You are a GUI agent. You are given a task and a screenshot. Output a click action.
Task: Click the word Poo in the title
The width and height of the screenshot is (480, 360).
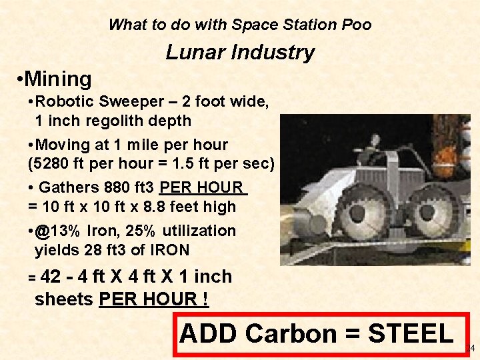pyautogui.click(x=356, y=25)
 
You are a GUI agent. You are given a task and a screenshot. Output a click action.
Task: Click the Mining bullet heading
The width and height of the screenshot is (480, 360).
pyautogui.click(x=59, y=79)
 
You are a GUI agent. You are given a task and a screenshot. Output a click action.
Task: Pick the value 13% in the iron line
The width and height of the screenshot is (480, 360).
pyautogui.click(x=65, y=231)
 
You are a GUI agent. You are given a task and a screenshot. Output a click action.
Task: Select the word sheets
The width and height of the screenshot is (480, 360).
pyautogui.click(x=64, y=299)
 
